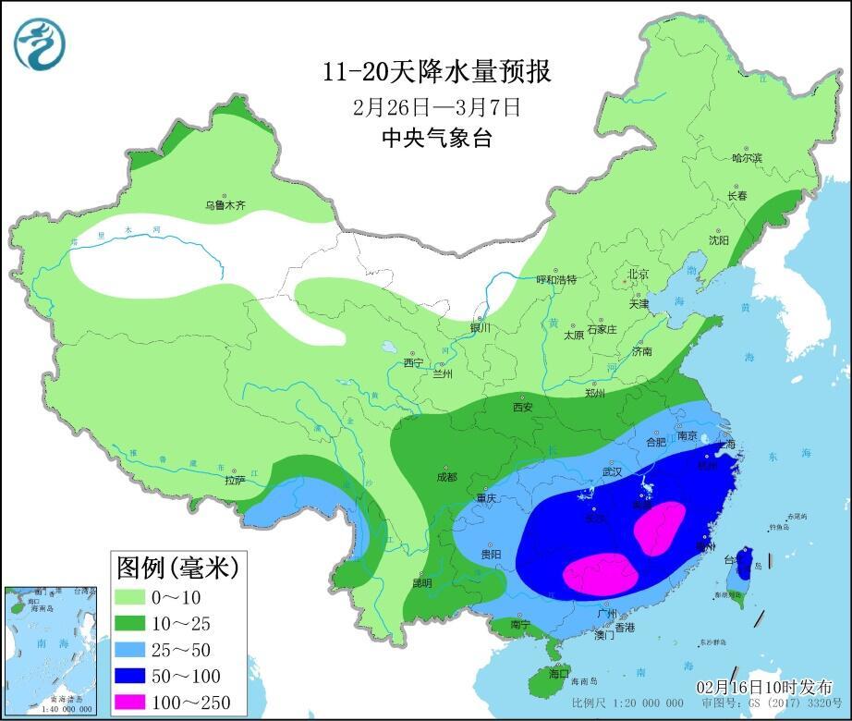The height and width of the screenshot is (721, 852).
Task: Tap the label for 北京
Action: [x=639, y=274]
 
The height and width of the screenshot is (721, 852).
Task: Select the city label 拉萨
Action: [x=235, y=480]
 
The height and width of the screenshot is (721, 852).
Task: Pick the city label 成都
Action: [x=446, y=477]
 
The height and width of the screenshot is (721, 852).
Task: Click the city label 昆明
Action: [x=422, y=583]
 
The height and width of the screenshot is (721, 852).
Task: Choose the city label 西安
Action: [x=523, y=407]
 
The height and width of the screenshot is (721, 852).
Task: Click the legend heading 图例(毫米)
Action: [x=176, y=565]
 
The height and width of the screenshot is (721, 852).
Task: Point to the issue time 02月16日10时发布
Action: [x=764, y=688]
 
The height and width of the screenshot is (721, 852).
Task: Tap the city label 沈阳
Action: [x=719, y=240]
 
